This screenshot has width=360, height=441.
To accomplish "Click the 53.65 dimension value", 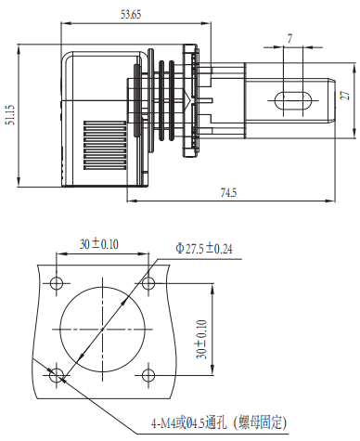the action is point(131,14).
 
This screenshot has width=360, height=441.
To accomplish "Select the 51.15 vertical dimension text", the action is point(11,115).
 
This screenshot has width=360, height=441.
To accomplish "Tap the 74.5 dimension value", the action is point(228,193).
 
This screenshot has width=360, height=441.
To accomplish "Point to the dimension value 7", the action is point(289,39).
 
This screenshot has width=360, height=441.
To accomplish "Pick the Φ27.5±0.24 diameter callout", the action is point(204,249).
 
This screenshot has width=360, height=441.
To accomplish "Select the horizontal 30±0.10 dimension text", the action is point(99,244).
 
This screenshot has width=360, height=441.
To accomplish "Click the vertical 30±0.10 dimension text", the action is point(201,340).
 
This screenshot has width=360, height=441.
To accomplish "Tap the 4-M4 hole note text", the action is point(219,422).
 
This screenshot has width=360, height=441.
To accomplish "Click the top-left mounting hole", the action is point(57,283).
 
